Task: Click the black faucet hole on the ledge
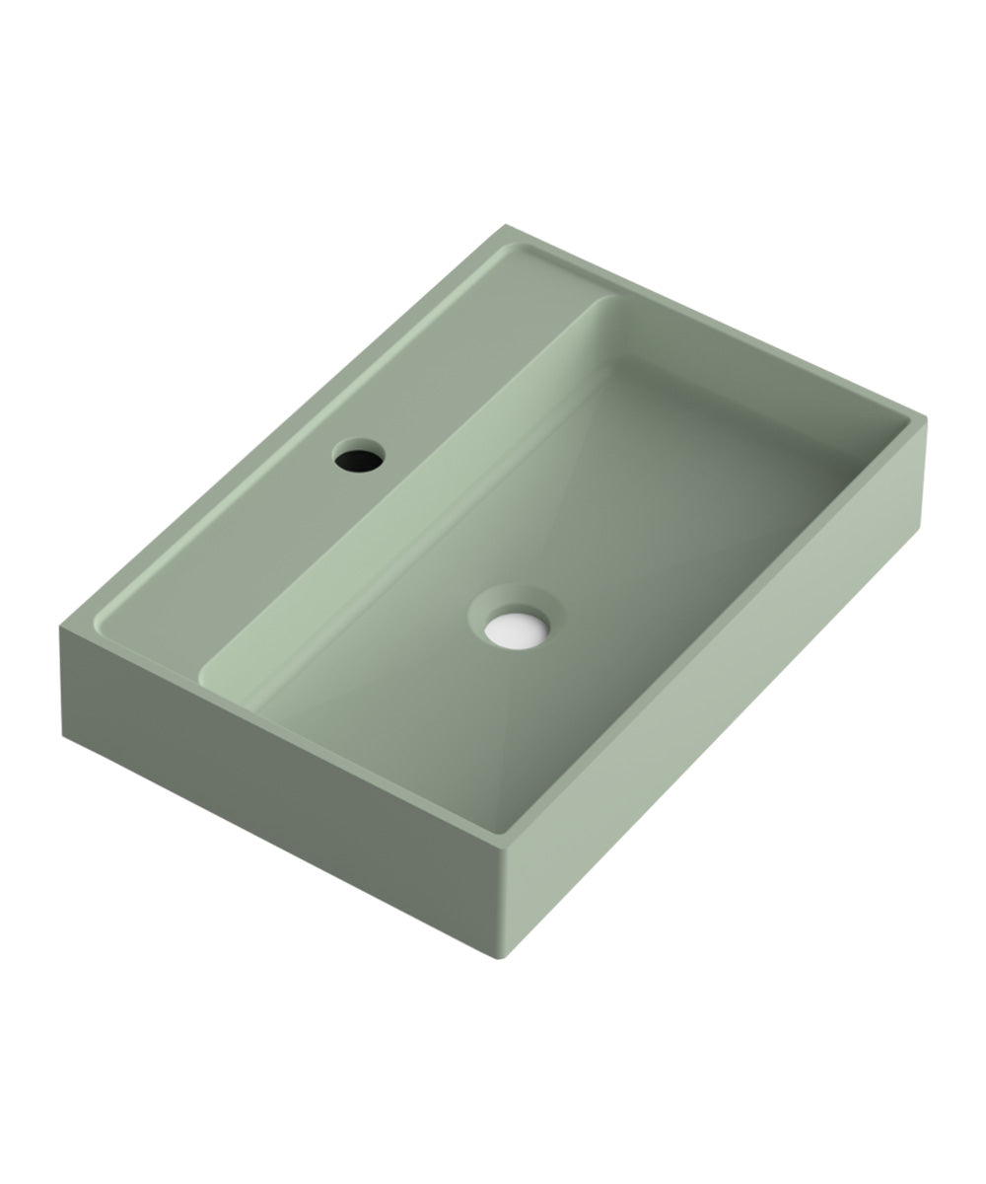(x=359, y=457)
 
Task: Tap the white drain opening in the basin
(x=516, y=630)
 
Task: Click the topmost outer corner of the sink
(x=506, y=225)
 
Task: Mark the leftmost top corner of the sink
(x=60, y=624)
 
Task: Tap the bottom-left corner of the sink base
(x=63, y=735)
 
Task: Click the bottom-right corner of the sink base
(x=919, y=528)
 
